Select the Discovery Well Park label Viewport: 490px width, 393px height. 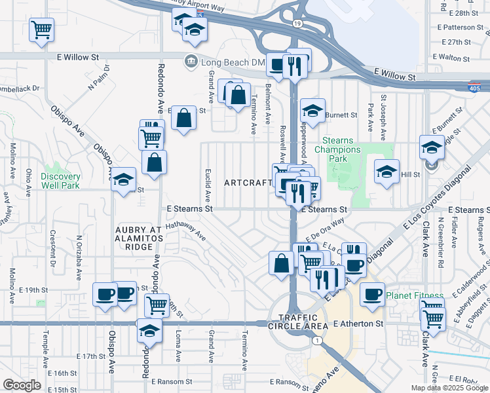click(x=60, y=181)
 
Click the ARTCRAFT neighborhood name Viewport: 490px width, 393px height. click(x=248, y=182)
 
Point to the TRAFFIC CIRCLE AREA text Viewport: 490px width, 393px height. click(x=297, y=325)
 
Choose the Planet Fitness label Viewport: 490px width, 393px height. click(x=414, y=295)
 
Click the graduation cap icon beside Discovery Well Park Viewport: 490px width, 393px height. click(x=122, y=181)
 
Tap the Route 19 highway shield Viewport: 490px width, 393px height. click(x=297, y=24)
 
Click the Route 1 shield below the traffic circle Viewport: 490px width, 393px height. click(x=316, y=341)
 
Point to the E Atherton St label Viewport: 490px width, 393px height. click(x=358, y=324)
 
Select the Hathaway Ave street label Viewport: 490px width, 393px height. click(x=185, y=231)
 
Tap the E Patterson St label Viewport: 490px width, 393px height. click(x=467, y=28)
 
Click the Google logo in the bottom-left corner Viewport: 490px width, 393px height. click(x=22, y=385)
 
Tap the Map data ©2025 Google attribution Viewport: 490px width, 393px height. click(x=449, y=388)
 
